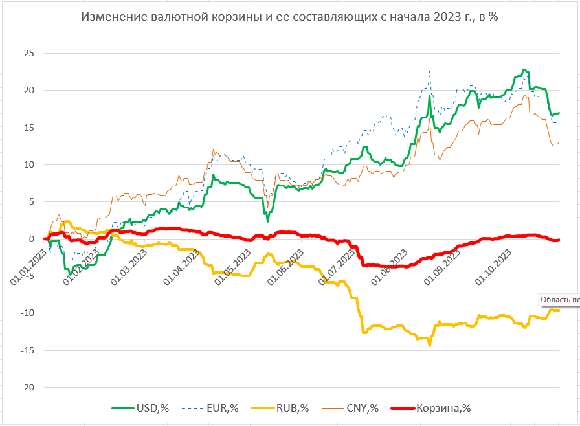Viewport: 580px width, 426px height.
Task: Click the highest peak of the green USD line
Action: (524, 70)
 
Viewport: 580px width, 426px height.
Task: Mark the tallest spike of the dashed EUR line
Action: (429, 71)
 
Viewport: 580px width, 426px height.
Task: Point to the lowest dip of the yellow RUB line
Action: (430, 345)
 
